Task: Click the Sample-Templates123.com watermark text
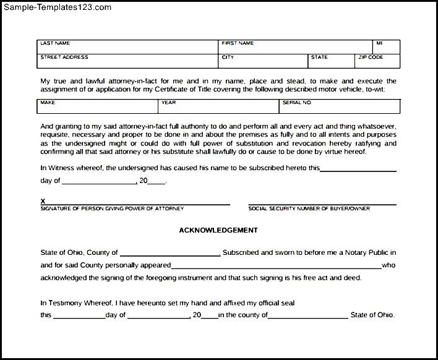56,7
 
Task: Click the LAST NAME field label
55,43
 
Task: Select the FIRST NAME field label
238,43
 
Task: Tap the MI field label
379,43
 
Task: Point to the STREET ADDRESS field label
64,57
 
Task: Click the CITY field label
228,57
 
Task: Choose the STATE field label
319,57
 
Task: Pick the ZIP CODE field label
371,57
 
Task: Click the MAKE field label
48,102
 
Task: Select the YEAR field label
168,102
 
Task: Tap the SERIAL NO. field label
298,102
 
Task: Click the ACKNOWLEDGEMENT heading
218,230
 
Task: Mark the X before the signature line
43,201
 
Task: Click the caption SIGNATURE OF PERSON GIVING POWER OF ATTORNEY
103,208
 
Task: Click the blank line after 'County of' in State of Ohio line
170,254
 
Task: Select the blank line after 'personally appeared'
276,267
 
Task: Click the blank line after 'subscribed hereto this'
359,169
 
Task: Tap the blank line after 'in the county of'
308,316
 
